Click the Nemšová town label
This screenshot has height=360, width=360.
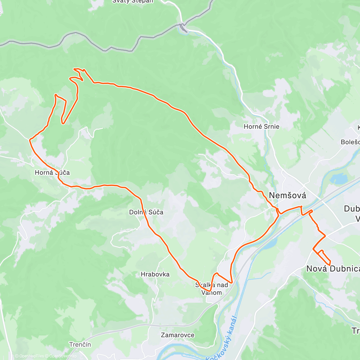[287, 195]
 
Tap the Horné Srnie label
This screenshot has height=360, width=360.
[261, 127]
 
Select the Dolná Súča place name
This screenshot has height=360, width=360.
[146, 212]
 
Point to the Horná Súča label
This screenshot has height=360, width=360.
[52, 172]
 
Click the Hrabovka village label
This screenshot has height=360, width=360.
[155, 274]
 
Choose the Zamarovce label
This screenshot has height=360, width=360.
[178, 335]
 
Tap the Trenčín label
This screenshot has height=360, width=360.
[80, 344]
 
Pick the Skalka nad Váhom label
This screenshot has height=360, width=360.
[211, 289]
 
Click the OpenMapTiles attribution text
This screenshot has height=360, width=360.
[29, 356]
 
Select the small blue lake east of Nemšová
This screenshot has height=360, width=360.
[339, 179]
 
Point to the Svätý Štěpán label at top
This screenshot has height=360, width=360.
[133, 1]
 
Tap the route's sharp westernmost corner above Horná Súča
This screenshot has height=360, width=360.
[30, 139]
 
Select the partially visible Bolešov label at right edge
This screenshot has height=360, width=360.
[350, 142]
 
